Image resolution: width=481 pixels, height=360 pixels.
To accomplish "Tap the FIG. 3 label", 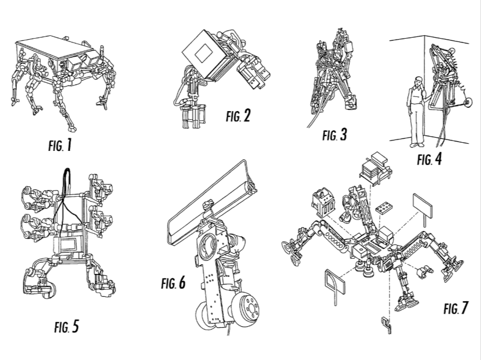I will pos(334,135).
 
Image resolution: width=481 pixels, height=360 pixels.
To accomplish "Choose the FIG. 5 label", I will pos(66,327).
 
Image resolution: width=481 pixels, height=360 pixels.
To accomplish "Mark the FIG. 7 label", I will pos(455,308).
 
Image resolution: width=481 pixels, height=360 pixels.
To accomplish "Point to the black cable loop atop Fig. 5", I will pos(67,180).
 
